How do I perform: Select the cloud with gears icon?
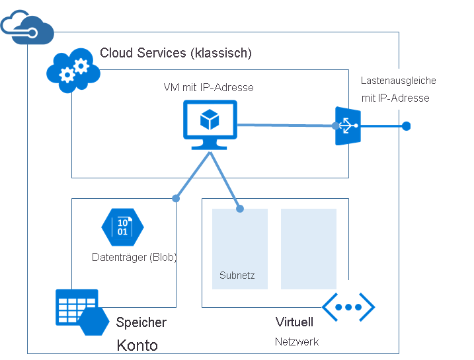coord(73,69)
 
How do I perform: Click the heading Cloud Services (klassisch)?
coord(175,53)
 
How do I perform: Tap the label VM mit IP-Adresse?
coord(208,87)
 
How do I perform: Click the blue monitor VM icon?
coord(210,124)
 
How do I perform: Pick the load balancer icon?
coord(347,126)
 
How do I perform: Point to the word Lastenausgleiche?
coord(398,81)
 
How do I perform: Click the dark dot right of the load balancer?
coord(406,126)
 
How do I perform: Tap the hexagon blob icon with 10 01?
coord(122,227)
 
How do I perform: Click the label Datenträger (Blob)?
coord(134,257)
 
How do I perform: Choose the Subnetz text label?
coord(237,275)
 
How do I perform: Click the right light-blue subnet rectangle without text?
coord(308,248)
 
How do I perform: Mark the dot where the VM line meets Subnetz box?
coord(240,209)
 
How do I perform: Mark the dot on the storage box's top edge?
coord(176,198)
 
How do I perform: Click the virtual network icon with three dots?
coord(348,306)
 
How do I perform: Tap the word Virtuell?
coord(294,322)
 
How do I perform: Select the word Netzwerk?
coord(297,342)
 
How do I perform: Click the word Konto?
coord(137,345)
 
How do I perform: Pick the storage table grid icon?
coord(76,306)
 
